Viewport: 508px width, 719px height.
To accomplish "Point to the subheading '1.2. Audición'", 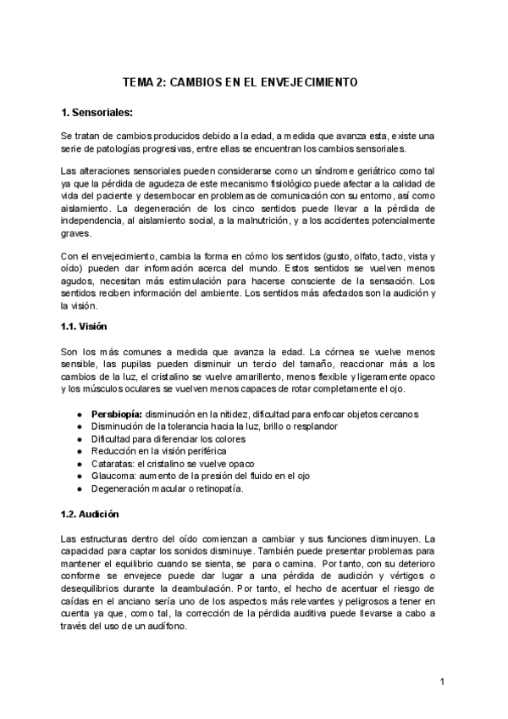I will (x=90, y=515).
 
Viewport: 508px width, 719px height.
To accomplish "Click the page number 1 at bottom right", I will (x=442, y=681).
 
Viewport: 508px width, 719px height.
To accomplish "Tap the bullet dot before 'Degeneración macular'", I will (x=79, y=489).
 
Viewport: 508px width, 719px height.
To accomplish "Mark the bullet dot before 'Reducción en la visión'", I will (x=79, y=451).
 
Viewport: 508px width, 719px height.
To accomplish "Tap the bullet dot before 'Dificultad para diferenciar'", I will (x=79, y=438).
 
